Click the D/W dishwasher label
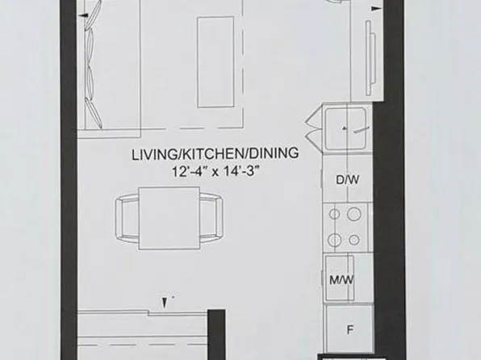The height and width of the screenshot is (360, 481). [347, 181]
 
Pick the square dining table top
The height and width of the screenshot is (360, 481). [169, 217]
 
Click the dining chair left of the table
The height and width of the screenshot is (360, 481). [128, 217]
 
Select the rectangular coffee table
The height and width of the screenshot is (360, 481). [218, 63]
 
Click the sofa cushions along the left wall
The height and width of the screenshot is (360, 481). [94, 65]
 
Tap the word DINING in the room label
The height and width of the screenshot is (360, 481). [274, 154]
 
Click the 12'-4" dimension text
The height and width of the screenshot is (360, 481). [190, 171]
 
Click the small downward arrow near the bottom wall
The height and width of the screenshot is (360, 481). [165, 302]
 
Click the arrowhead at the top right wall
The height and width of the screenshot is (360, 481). [375, 8]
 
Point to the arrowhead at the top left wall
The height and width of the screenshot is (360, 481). [85, 14]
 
